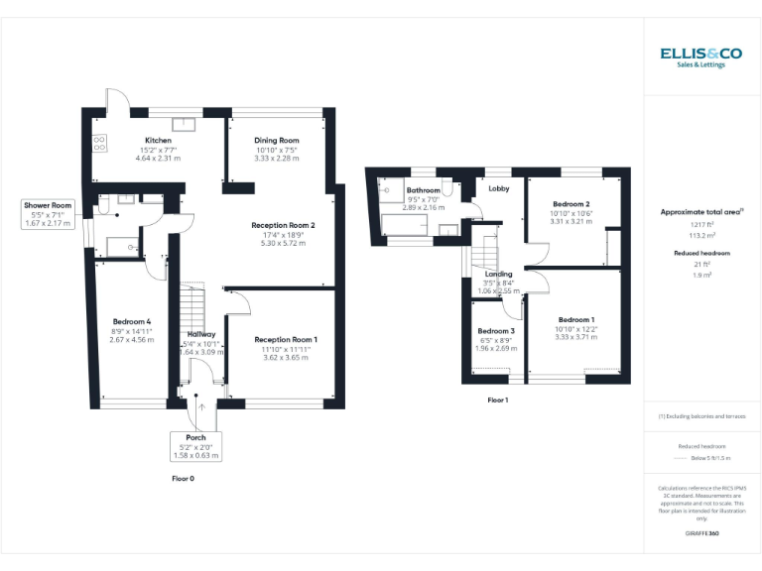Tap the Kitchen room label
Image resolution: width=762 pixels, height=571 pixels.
pyautogui.click(x=159, y=141)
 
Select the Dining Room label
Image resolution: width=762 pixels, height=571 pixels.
pyautogui.click(x=276, y=141)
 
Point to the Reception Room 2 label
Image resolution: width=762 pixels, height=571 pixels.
pyautogui.click(x=283, y=225)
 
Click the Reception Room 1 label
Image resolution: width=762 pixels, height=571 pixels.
pyautogui.click(x=286, y=340)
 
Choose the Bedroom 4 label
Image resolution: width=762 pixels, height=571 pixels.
pyautogui.click(x=132, y=322)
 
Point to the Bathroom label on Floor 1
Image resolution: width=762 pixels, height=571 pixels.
pyautogui.click(x=423, y=190)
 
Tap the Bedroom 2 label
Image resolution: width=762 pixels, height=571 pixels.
pyautogui.click(x=571, y=204)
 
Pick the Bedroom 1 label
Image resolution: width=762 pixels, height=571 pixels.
pyautogui.click(x=576, y=319)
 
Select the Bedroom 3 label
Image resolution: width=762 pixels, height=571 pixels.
pyautogui.click(x=496, y=331)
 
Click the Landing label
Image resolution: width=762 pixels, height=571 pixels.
pyautogui.click(x=499, y=274)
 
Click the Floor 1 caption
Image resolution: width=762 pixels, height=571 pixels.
pyautogui.click(x=498, y=400)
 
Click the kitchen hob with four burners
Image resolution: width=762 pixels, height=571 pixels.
pyautogui.click(x=100, y=143)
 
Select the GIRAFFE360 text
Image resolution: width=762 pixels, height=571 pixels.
pyautogui.click(x=701, y=534)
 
